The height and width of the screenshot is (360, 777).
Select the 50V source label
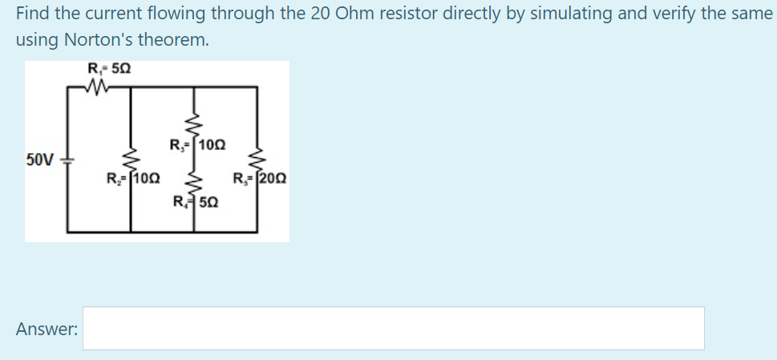tap(40, 159)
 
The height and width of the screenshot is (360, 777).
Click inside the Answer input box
tap(393, 328)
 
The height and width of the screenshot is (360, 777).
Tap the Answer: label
tap(47, 328)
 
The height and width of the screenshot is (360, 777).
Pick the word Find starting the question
tap(31, 13)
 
